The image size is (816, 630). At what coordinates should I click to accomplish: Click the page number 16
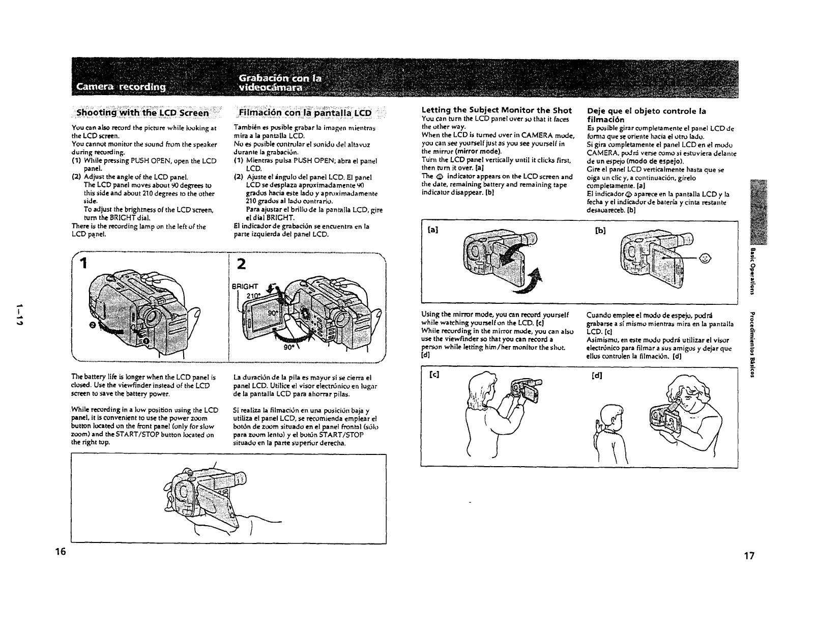(x=61, y=552)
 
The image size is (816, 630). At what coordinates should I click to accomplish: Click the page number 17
(x=748, y=556)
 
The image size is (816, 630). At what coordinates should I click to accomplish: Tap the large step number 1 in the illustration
(x=84, y=263)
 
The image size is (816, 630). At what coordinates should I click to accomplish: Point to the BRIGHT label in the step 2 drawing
(x=245, y=286)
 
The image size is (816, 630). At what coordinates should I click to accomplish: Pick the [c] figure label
(x=434, y=376)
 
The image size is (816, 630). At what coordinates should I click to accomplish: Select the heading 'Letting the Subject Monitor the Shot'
(x=497, y=110)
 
